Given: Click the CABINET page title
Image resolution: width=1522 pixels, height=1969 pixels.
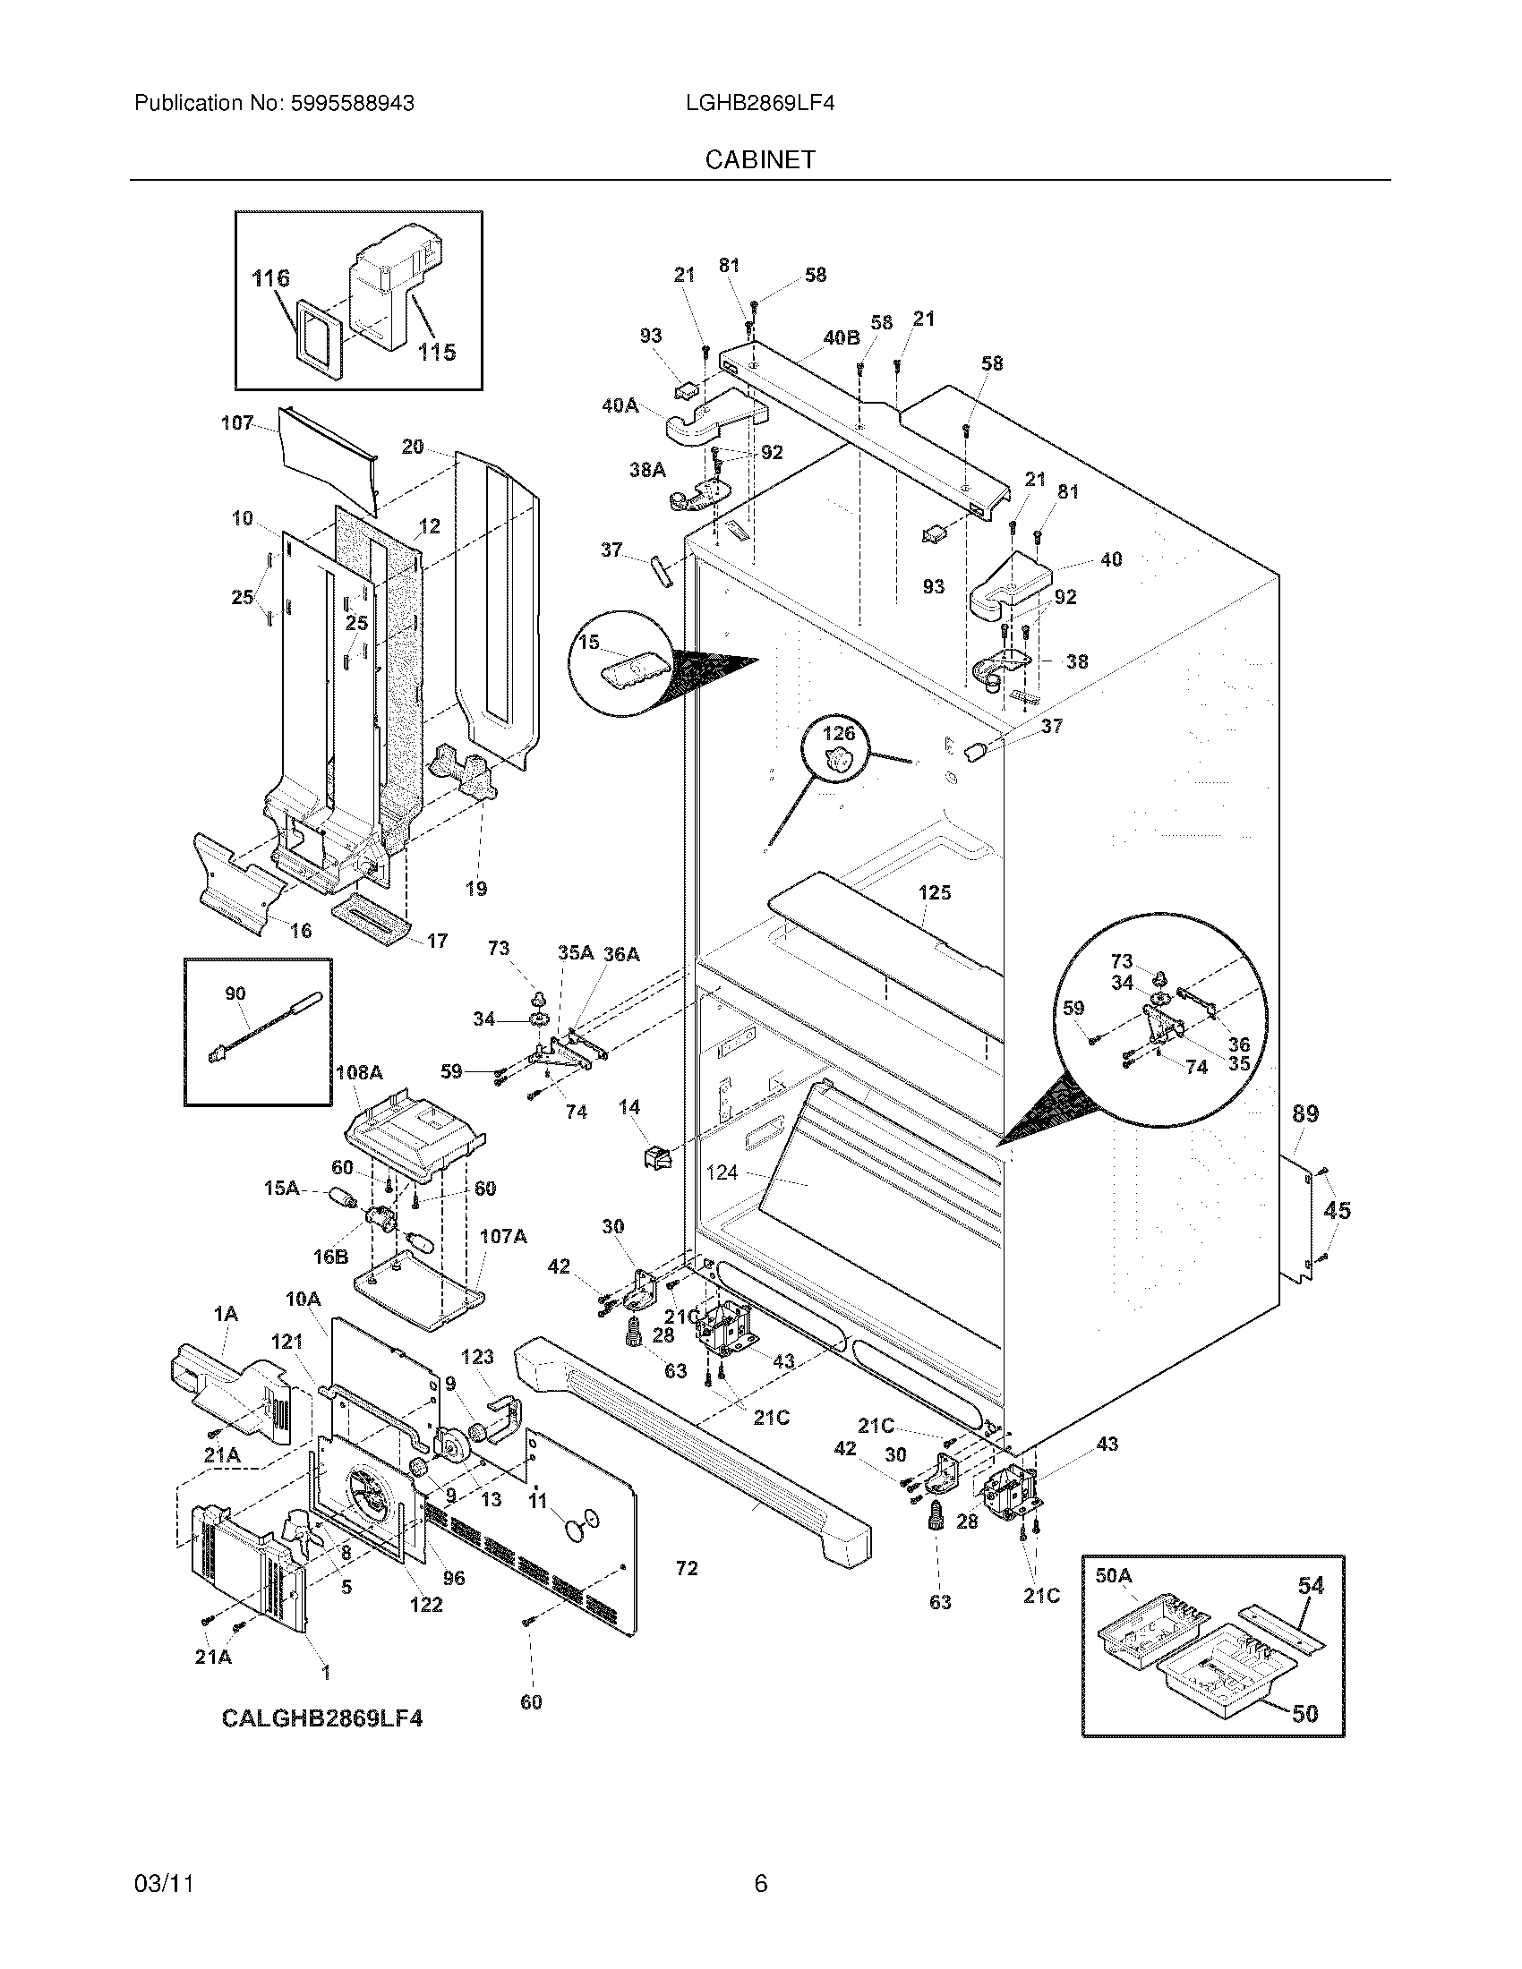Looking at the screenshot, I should (x=760, y=159).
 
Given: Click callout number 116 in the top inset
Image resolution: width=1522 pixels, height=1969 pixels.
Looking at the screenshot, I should (x=270, y=278).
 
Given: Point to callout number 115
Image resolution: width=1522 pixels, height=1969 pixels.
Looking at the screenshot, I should (x=436, y=352).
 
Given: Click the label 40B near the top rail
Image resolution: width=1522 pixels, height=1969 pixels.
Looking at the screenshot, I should (x=841, y=338).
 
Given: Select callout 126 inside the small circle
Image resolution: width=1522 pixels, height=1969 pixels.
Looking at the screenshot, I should (x=838, y=733).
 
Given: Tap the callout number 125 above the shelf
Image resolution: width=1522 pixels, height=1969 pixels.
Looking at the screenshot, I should (x=934, y=892).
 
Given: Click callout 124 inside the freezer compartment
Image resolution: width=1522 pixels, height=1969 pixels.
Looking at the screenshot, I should (x=722, y=1172).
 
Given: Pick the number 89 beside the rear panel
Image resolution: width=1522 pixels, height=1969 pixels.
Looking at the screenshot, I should (x=1304, y=1114).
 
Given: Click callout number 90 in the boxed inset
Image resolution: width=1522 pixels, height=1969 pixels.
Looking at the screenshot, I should (x=235, y=993).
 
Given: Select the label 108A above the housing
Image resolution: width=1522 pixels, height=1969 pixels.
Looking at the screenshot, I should (x=359, y=1073).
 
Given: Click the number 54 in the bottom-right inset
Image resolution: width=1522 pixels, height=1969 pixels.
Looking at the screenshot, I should (x=1310, y=1585).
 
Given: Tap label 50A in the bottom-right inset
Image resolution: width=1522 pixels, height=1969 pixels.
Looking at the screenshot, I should (x=1113, y=1575).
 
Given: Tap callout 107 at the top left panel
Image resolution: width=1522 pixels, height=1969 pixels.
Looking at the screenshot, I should (x=237, y=422).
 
